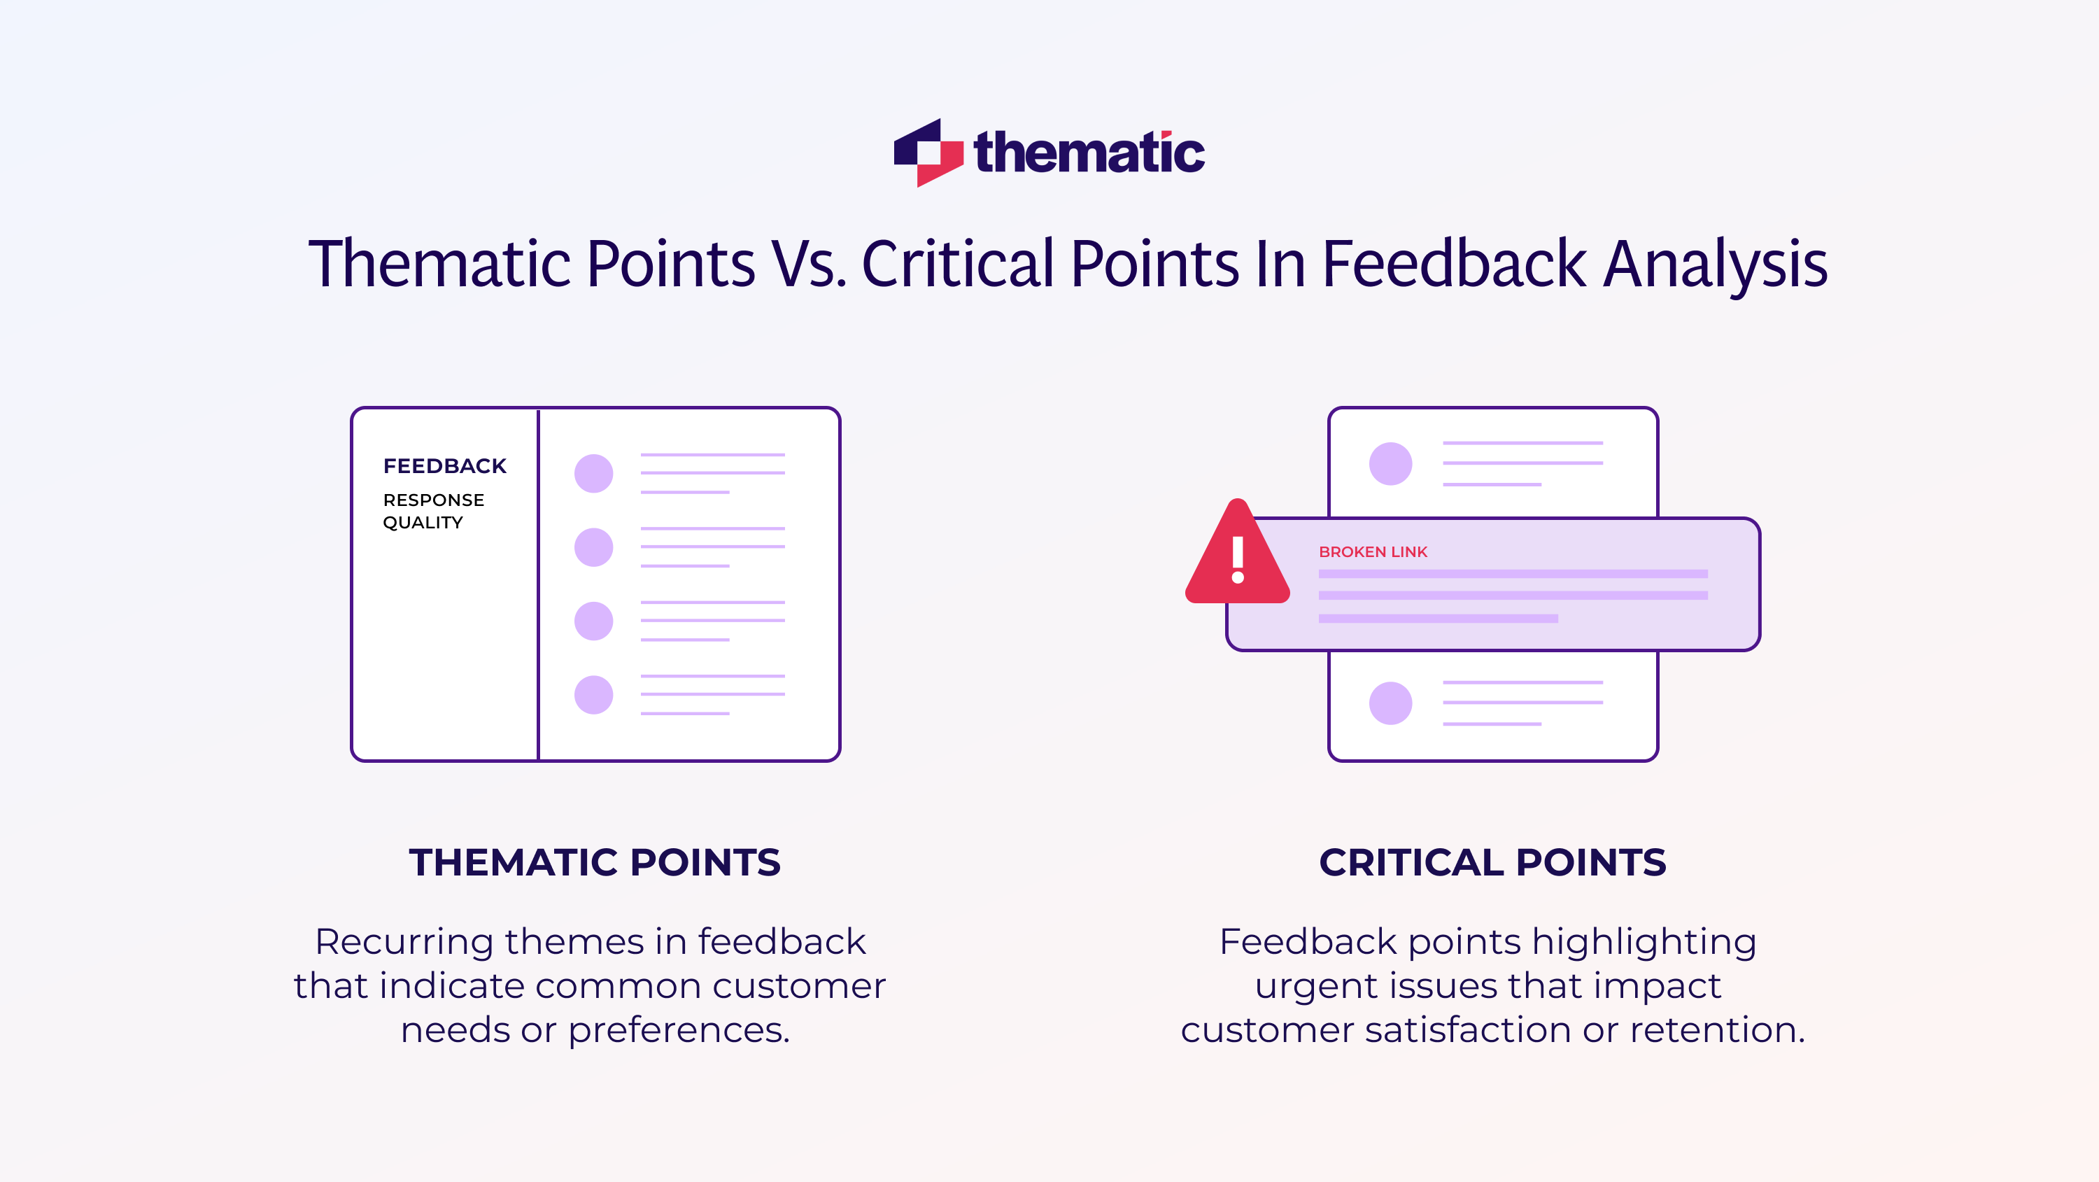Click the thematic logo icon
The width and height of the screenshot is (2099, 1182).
(927, 153)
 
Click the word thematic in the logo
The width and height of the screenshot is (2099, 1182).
(1089, 153)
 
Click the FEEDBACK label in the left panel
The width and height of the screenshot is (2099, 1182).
(444, 466)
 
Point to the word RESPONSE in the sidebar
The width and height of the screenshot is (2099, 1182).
(434, 500)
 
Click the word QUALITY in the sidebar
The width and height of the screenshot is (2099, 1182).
(423, 523)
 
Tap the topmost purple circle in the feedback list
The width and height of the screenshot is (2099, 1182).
(593, 474)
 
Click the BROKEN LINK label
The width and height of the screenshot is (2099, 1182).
(1373, 552)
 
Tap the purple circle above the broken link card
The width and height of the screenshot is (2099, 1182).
(1390, 464)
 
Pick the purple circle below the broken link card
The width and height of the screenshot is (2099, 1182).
(1390, 703)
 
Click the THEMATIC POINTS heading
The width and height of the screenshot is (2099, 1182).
(595, 862)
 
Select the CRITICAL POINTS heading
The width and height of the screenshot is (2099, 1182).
(1492, 862)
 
